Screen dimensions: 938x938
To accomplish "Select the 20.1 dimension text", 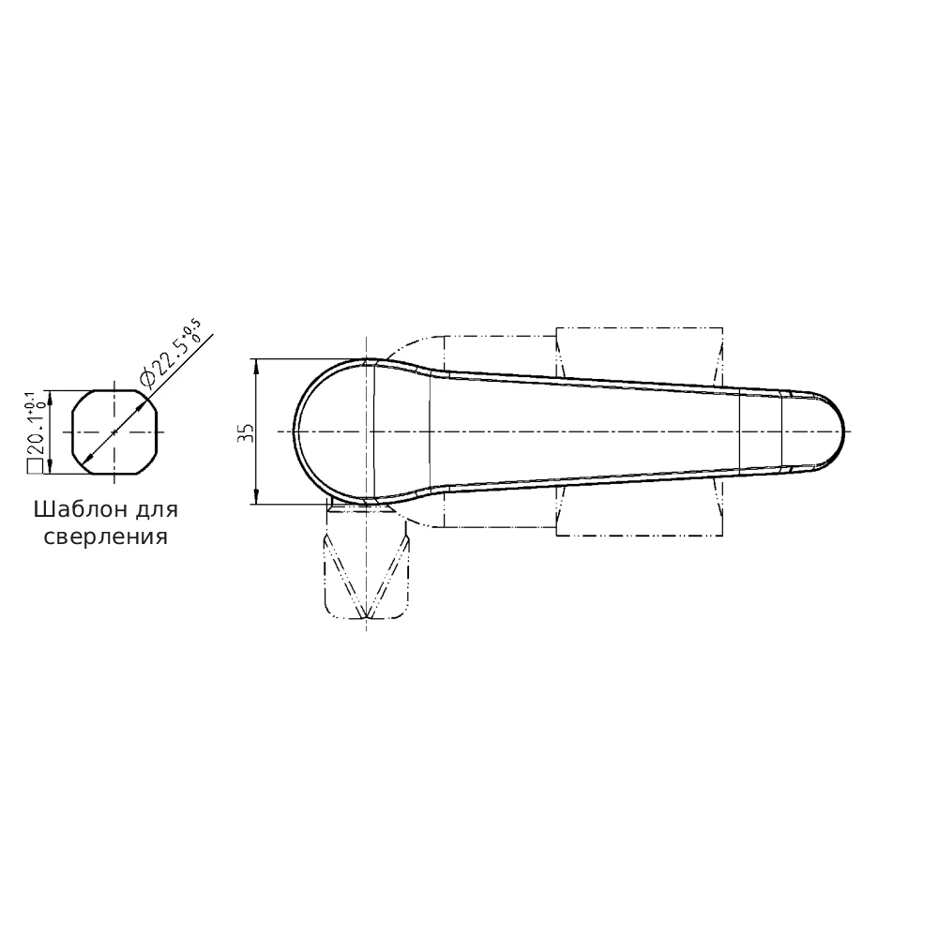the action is pos(36,437).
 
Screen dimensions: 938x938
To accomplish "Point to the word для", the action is pos(158,510).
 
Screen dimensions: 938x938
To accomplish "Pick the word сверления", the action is pos(106,537).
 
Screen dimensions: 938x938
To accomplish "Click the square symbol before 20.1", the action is pos(34,467).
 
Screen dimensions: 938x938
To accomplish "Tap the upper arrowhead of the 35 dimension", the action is pos(256,366).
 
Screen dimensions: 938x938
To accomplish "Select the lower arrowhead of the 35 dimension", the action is pos(256,496).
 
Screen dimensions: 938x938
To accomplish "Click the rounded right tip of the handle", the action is pos(844,431).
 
